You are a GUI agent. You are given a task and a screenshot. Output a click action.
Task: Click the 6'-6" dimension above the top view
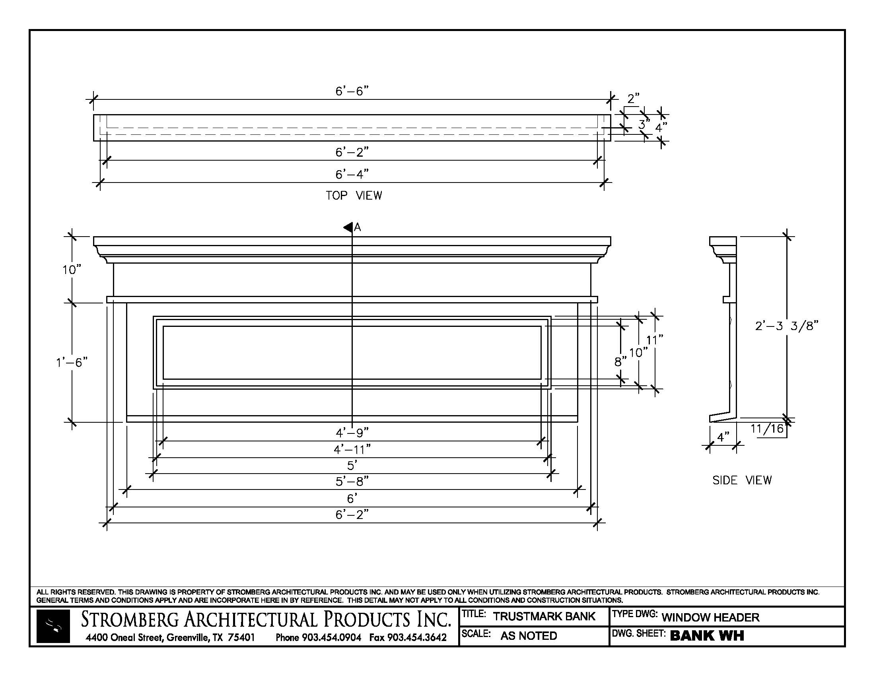[351, 91]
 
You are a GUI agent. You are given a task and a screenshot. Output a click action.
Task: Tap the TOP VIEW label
[354, 195]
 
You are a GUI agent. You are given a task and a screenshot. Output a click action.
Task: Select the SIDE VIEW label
[742, 480]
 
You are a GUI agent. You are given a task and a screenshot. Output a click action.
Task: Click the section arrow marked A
[348, 227]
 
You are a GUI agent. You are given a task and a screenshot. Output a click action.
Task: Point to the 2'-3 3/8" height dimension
[786, 326]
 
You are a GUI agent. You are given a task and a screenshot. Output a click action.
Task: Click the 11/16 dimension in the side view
[767, 429]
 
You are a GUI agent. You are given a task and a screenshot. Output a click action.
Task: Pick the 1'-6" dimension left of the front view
[71, 362]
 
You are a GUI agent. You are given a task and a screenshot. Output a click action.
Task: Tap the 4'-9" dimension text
[352, 433]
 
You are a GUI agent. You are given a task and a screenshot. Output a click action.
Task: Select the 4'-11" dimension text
[352, 450]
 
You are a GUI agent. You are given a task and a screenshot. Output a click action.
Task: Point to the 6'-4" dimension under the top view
[352, 175]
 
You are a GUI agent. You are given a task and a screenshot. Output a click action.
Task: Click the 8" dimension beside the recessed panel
[620, 361]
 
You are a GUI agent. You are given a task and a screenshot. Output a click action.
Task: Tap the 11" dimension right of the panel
[655, 340]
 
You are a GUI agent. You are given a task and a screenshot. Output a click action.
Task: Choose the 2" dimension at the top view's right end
[633, 99]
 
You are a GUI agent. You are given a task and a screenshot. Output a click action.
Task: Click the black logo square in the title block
[53, 626]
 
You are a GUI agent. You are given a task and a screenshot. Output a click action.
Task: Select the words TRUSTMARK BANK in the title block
[544, 616]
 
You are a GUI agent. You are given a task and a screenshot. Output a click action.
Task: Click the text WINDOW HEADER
[710, 617]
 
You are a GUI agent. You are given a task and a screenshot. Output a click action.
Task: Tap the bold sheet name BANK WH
[707, 635]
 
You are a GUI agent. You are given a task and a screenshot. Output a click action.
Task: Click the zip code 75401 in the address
[241, 637]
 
